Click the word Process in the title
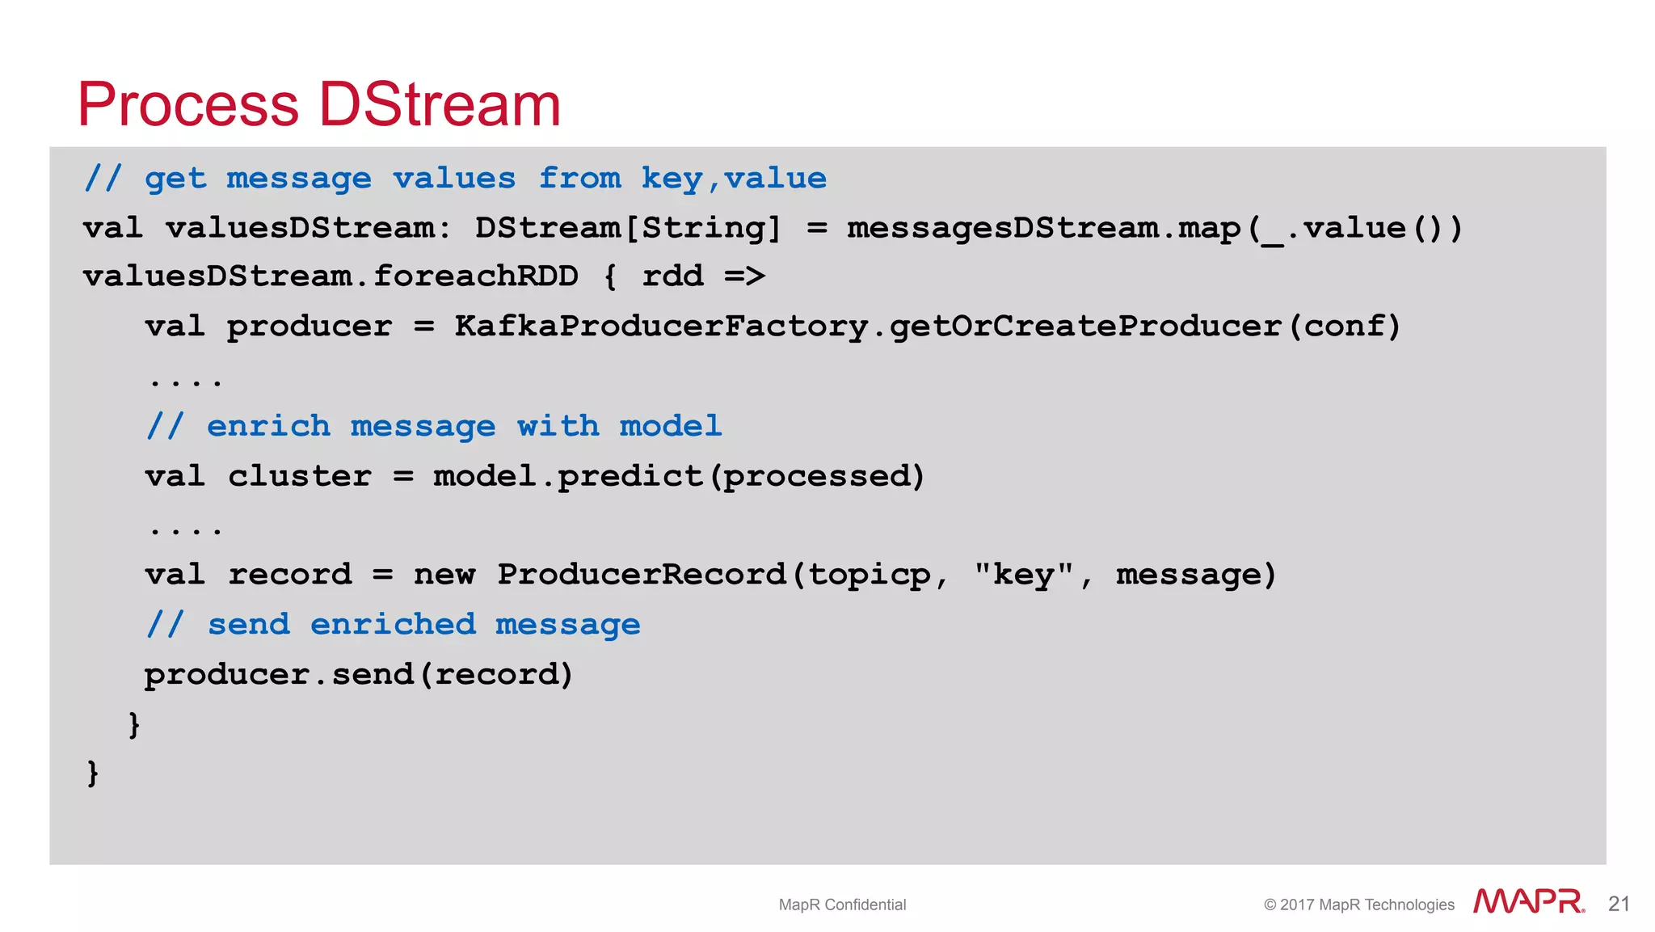tap(188, 105)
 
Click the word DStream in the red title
tap(440, 105)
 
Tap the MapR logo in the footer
tap(1528, 901)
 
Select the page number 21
tap(1619, 904)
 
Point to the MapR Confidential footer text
tap(842, 905)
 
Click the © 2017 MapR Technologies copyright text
tap(1358, 905)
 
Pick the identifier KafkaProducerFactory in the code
tap(661, 327)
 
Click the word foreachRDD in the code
tap(476, 276)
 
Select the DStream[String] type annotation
tap(628, 228)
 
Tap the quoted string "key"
tap(1024, 575)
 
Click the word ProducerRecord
tap(642, 575)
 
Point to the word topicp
tap(870, 575)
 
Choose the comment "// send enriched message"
tap(394, 624)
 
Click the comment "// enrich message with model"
tap(434, 426)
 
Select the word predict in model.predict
tap(630, 476)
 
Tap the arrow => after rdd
tap(744, 276)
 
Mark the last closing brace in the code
tap(92, 773)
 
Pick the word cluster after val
tap(300, 476)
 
